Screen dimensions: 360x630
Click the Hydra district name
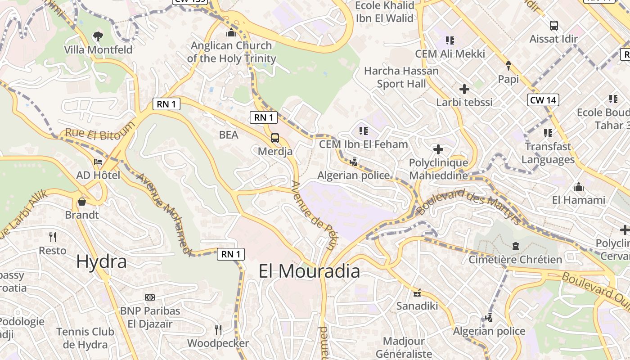[x=101, y=261]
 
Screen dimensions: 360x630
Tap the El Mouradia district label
[x=309, y=271]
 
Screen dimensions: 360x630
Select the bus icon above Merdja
[x=275, y=138]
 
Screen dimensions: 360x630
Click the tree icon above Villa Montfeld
[x=98, y=36]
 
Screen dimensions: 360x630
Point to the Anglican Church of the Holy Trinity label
[x=231, y=52]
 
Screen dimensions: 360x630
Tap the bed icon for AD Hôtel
[x=98, y=162]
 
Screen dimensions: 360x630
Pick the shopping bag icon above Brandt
[x=82, y=201]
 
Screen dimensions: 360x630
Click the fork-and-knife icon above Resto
[x=53, y=237]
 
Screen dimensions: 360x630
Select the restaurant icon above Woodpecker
[x=218, y=330]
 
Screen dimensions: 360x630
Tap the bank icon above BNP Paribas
[x=150, y=297]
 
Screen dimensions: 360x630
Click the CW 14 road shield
[x=543, y=100]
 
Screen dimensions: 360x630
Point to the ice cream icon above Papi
[x=508, y=66]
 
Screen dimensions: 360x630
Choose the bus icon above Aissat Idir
[x=554, y=26]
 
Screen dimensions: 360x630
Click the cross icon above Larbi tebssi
[x=464, y=89]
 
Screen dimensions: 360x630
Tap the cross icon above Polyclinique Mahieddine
[x=438, y=149]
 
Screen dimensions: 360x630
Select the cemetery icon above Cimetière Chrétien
[x=516, y=246]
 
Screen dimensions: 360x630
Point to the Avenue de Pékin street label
[x=314, y=216]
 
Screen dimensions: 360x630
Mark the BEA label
[x=229, y=135]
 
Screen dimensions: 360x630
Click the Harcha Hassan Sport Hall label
[x=401, y=77]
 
